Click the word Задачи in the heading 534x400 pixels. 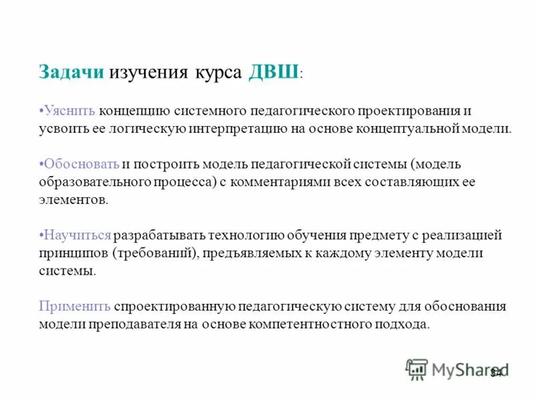(x=71, y=73)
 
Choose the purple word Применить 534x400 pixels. (x=74, y=307)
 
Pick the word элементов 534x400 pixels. (x=72, y=199)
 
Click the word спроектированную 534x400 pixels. (x=173, y=307)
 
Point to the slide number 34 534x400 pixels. (x=496, y=373)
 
